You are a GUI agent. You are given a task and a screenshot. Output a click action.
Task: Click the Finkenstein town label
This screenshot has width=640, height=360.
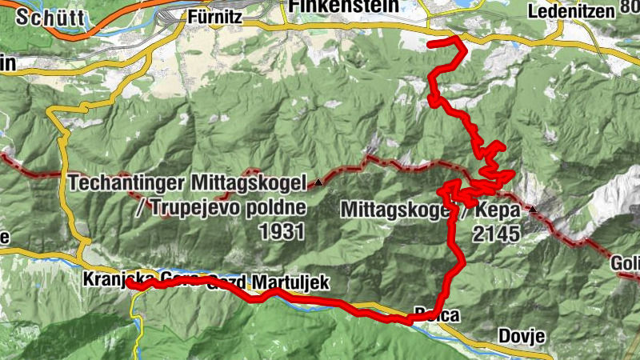coord(345,6)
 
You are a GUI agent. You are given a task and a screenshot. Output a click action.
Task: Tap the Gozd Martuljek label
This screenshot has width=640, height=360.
coord(267,282)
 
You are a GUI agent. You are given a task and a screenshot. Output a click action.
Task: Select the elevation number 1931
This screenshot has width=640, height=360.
coord(282,232)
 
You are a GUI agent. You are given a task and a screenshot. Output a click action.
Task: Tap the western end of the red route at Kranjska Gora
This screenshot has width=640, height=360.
coord(129,283)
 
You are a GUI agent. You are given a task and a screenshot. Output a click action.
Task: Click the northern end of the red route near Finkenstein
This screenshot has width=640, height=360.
coord(431,44)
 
